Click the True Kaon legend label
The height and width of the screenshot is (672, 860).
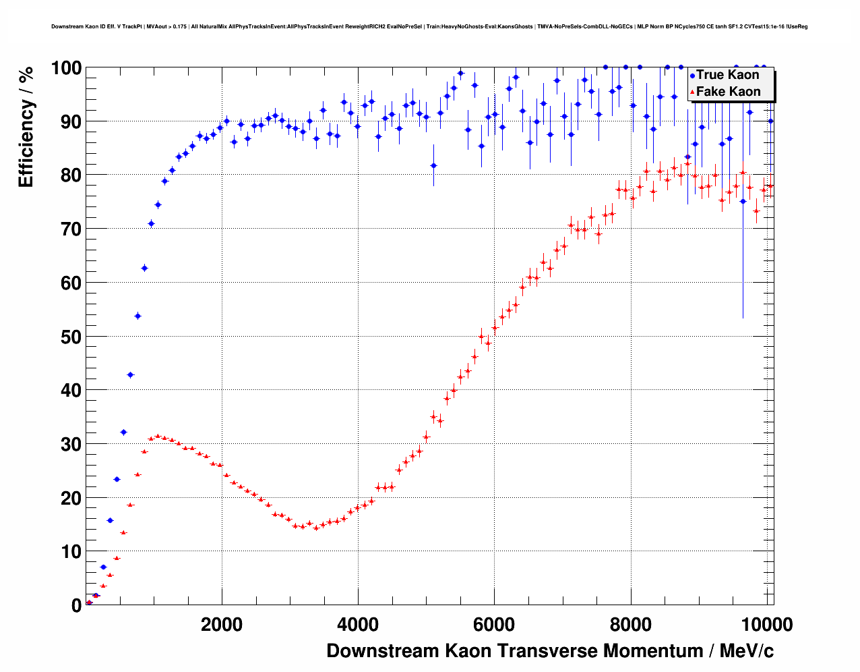(727, 75)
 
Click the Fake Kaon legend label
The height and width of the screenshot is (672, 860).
(728, 92)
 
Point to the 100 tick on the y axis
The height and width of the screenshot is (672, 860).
(66, 67)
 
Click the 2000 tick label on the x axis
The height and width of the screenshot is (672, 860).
(222, 625)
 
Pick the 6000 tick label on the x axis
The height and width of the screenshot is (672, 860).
(494, 625)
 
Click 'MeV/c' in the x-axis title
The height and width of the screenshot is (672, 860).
(746, 651)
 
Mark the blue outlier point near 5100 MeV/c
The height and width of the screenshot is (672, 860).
(433, 165)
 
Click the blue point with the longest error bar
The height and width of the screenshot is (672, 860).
(743, 201)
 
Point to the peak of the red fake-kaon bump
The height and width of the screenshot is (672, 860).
(158, 437)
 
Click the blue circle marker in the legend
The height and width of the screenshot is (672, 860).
(692, 76)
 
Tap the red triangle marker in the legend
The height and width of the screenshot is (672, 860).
(692, 92)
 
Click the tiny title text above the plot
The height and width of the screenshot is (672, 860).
(429, 27)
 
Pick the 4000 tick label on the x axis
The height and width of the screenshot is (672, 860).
(358, 625)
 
